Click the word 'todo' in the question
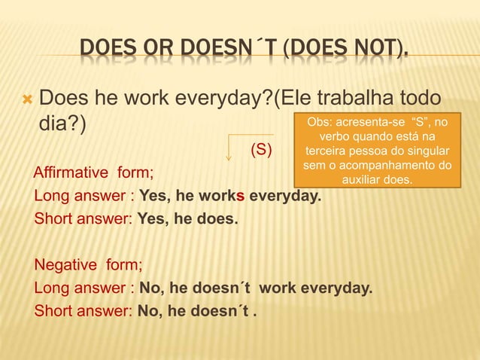[426, 98]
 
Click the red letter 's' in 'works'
[241, 197]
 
